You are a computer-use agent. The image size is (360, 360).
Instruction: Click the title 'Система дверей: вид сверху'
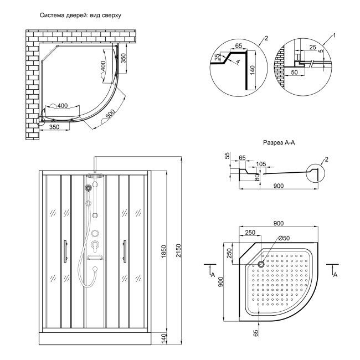80,16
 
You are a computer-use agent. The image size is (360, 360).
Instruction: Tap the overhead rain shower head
95,176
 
